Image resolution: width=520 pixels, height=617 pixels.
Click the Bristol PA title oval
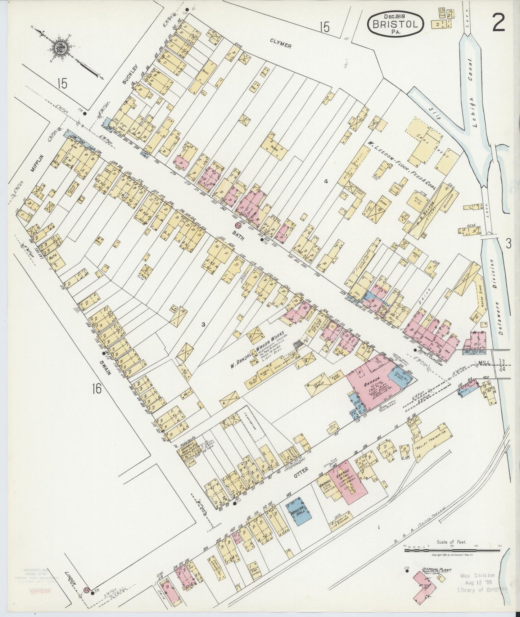coord(395,23)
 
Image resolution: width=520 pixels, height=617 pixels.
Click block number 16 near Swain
coord(96,388)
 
